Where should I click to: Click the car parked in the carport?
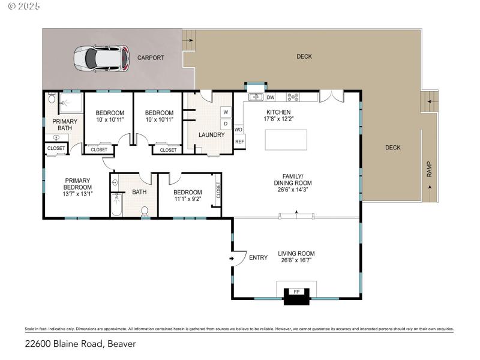click(101, 58)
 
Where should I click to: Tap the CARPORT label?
click(151, 58)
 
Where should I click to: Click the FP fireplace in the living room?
click(295, 292)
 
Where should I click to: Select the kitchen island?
click(286, 139)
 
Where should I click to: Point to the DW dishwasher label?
click(271, 97)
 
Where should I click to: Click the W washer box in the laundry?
click(226, 112)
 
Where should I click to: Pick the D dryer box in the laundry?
click(226, 124)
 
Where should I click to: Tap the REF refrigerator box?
click(239, 142)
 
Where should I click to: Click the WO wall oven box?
click(238, 129)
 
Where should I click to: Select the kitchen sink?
click(255, 97)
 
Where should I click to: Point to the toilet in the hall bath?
click(145, 210)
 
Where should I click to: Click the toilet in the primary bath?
click(52, 99)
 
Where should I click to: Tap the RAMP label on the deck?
click(430, 171)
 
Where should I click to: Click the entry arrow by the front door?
click(232, 258)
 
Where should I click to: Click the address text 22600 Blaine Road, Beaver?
click(80, 344)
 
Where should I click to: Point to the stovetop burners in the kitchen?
click(294, 97)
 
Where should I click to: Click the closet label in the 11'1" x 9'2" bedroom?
click(218, 191)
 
